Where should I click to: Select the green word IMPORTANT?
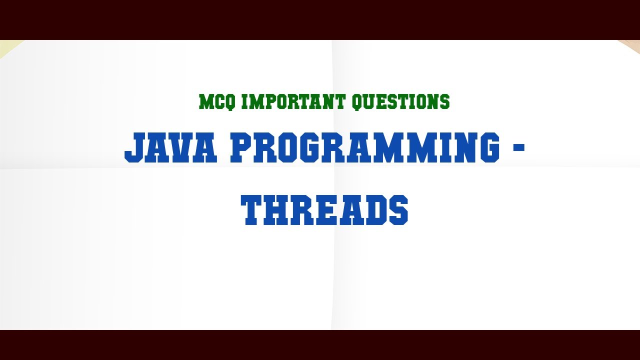293,102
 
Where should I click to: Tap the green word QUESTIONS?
400,102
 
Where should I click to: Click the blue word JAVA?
171,148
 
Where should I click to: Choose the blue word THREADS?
324,210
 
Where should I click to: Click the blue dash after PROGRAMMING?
519,147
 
